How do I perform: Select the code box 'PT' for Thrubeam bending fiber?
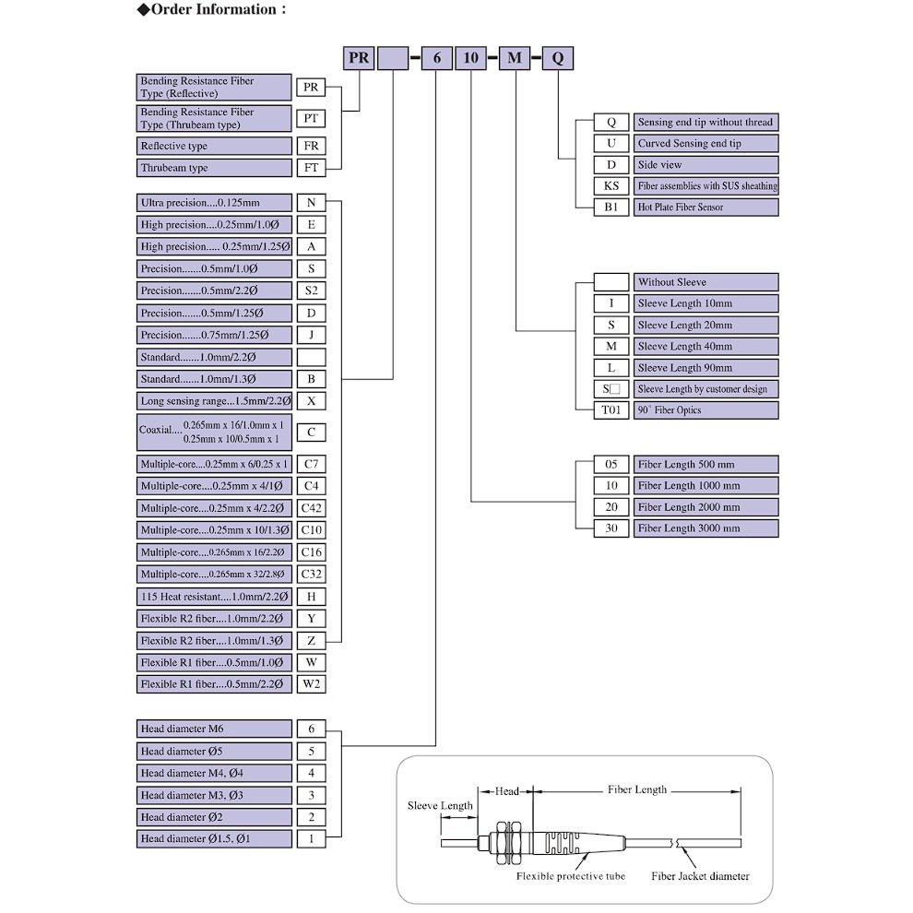[x=311, y=118]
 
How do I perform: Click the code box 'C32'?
[x=311, y=575]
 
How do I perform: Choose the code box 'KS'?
[x=611, y=186]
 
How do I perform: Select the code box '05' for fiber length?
[x=611, y=464]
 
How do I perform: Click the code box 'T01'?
[x=611, y=410]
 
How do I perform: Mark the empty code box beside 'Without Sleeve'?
[x=611, y=282]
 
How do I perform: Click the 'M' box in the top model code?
[x=515, y=58]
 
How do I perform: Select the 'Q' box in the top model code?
[x=557, y=58]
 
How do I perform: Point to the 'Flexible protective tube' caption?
[x=570, y=876]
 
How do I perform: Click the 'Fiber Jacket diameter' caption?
[x=700, y=876]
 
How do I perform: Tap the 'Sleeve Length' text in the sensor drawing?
[x=440, y=805]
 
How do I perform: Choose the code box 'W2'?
[x=311, y=684]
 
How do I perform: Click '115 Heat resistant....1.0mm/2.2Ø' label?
[x=214, y=597]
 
